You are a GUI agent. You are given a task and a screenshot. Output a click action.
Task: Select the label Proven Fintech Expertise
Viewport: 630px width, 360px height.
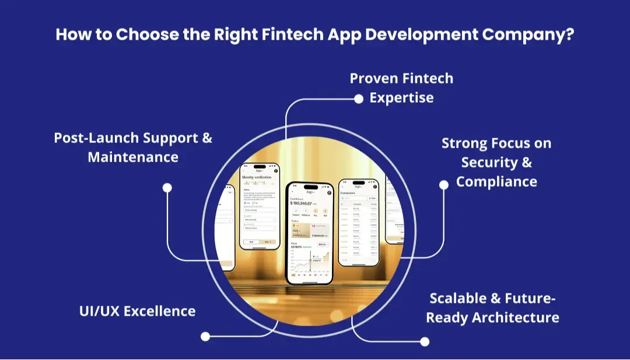point(401,88)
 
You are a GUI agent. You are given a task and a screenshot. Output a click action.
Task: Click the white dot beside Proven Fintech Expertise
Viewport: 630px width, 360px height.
point(359,99)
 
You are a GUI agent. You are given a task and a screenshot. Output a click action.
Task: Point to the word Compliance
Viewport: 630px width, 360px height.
point(496,181)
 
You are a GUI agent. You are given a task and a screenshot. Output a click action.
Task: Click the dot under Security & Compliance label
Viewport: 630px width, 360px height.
point(443,184)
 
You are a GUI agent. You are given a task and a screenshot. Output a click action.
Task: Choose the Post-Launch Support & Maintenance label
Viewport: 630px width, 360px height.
point(133,147)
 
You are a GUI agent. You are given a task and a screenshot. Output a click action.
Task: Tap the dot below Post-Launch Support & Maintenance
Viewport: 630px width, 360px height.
point(167,188)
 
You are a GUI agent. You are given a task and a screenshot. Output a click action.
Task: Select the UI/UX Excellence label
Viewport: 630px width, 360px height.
point(137,310)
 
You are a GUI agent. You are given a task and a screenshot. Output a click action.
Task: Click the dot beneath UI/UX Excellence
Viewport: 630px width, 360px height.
point(205,336)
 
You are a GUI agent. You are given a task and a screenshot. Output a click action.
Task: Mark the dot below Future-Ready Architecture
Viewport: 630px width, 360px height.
point(425,341)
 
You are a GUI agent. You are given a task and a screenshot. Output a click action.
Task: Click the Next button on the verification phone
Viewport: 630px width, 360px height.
point(267,240)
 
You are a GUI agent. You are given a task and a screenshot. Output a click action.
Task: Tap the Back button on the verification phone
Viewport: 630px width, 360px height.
point(251,240)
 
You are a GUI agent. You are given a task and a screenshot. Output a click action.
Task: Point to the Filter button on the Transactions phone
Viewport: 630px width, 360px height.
point(374,198)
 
